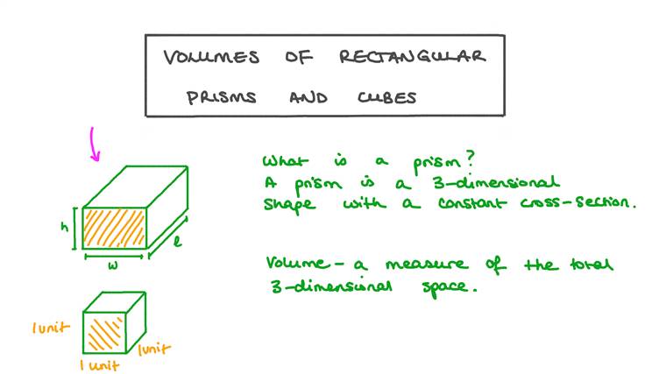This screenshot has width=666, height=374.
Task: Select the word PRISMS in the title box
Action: [x=221, y=97]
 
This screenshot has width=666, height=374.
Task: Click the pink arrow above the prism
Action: [x=94, y=145]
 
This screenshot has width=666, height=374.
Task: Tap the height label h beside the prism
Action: [x=65, y=225]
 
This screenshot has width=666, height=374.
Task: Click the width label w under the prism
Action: [x=114, y=265]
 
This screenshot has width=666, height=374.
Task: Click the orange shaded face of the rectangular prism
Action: [x=114, y=225]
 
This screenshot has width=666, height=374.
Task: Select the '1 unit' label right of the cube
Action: [x=156, y=349]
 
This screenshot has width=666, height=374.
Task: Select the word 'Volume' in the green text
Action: [x=293, y=263]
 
